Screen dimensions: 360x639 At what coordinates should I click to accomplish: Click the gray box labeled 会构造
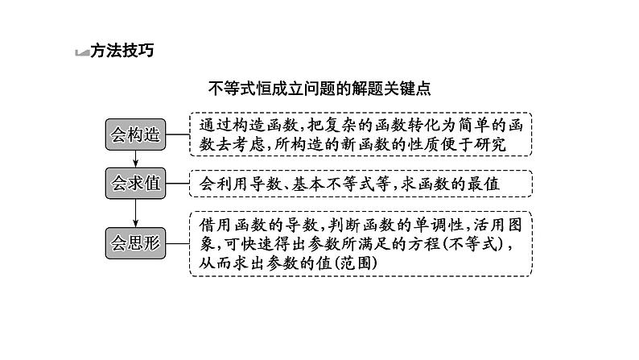point(135,134)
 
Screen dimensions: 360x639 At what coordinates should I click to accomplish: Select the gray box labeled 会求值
point(135,184)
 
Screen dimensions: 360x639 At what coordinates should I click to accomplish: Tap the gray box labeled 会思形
point(135,242)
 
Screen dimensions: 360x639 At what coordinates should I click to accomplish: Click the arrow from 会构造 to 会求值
point(135,159)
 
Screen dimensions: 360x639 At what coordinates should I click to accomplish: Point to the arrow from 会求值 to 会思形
point(135,212)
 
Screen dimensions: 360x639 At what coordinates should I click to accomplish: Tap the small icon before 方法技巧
point(81,52)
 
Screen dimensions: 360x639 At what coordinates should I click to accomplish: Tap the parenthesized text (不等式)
point(477,243)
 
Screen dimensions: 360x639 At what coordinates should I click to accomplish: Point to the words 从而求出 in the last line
point(233,263)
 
